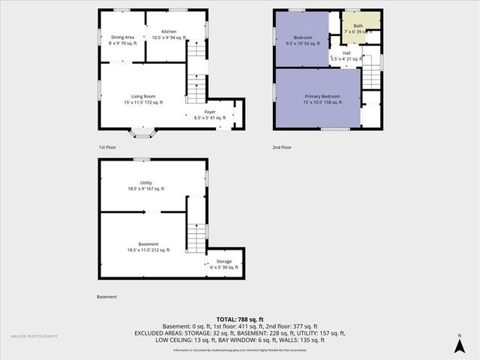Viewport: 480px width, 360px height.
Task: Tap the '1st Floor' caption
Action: (108, 148)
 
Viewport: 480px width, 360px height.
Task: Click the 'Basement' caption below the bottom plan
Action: (106, 297)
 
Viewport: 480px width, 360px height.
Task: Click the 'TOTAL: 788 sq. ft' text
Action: (239, 319)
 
